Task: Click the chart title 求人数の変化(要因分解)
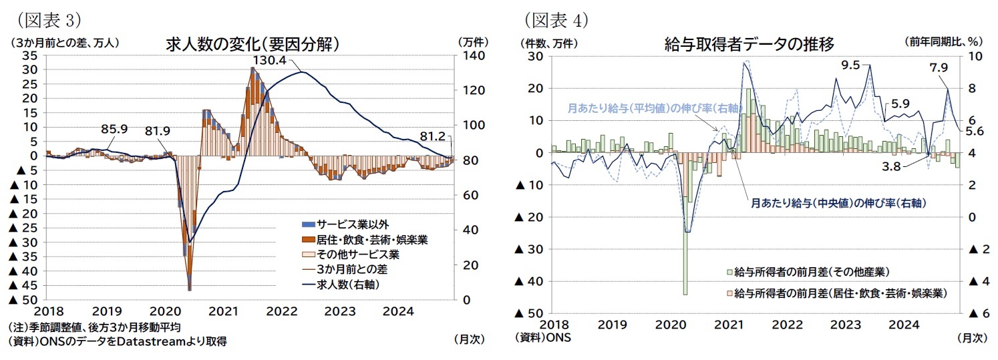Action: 253,45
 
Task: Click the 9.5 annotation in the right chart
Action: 850,65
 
